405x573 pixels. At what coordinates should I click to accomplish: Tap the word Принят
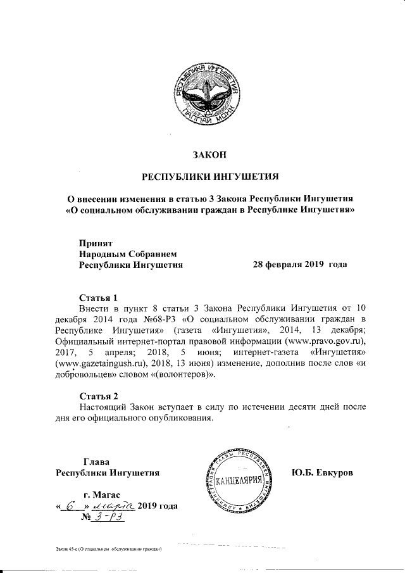(x=95, y=242)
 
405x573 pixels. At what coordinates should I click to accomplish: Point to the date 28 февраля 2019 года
(x=299, y=265)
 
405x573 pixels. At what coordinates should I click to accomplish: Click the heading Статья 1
(x=99, y=297)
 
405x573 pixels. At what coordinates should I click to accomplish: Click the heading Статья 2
(x=99, y=396)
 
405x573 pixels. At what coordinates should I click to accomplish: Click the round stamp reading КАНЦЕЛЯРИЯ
(x=239, y=482)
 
